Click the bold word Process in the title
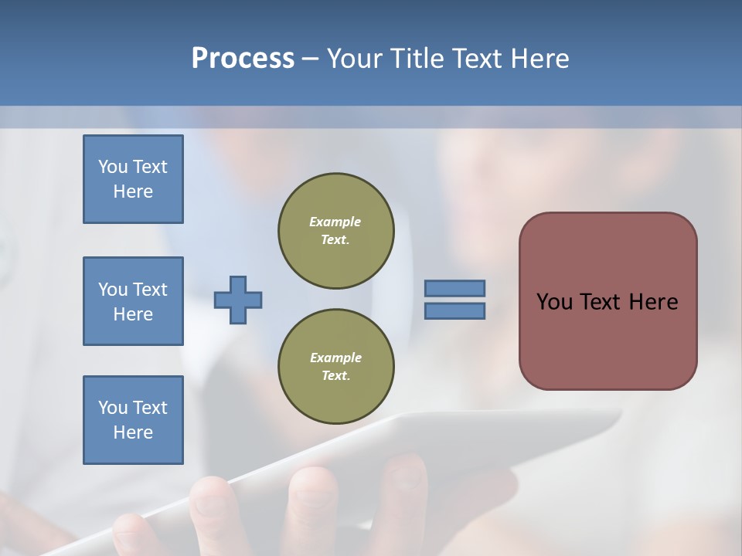(x=243, y=59)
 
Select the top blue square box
(x=133, y=179)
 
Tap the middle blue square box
(x=133, y=301)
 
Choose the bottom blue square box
(x=133, y=420)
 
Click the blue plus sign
(x=238, y=300)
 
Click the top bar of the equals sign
(x=454, y=288)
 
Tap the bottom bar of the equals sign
(x=454, y=310)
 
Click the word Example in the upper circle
(x=335, y=222)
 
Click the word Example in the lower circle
(x=335, y=358)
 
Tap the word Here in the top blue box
(x=133, y=192)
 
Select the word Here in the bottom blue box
(x=133, y=432)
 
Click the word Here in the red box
(x=653, y=302)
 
